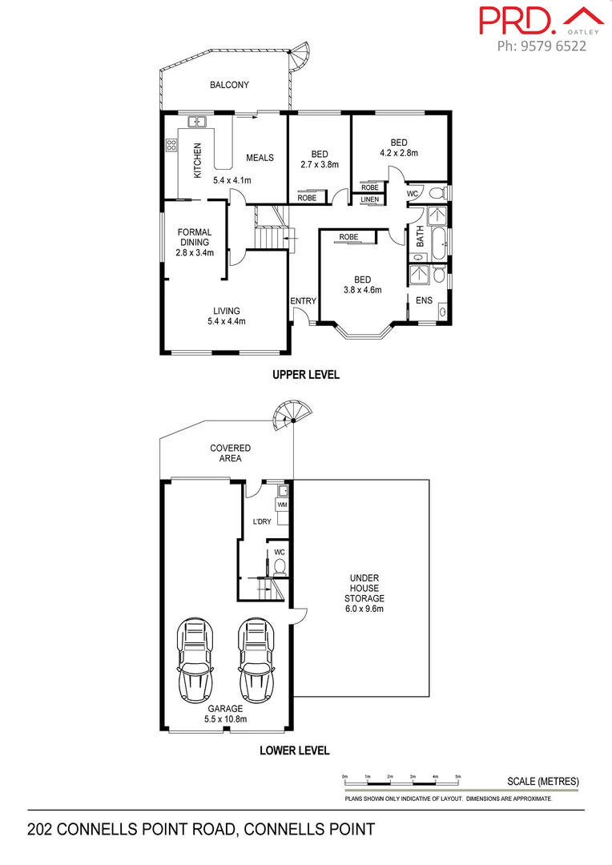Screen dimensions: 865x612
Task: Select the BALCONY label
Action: [229, 85]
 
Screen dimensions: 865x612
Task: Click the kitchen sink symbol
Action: [197, 123]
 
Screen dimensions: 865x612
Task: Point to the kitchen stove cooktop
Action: [171, 145]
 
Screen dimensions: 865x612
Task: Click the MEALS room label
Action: [260, 158]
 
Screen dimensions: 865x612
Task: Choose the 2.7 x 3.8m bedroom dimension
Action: [319, 165]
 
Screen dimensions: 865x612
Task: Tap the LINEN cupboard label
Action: [369, 199]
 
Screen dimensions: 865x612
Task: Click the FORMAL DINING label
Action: [195, 237]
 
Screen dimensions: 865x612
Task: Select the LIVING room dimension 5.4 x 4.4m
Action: [226, 322]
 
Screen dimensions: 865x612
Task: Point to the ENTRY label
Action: [304, 301]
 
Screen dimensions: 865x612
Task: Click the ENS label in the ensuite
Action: [424, 300]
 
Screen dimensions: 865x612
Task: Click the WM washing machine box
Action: [282, 505]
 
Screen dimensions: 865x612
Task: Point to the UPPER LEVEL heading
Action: [306, 374]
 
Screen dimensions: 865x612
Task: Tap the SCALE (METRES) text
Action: [542, 782]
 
